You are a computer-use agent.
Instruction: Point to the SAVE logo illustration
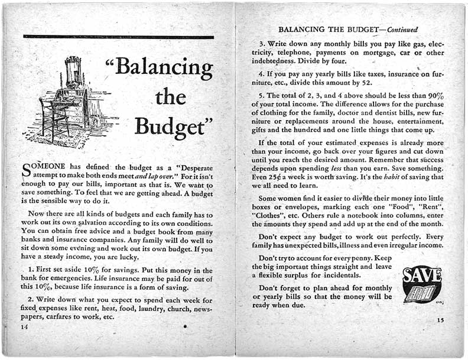(421, 284)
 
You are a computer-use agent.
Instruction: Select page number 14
(24, 326)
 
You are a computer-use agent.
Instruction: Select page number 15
(440, 320)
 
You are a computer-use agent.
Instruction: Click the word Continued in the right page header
(401, 30)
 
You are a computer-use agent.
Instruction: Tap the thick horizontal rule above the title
(118, 37)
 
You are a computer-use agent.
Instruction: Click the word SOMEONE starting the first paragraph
(43, 166)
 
